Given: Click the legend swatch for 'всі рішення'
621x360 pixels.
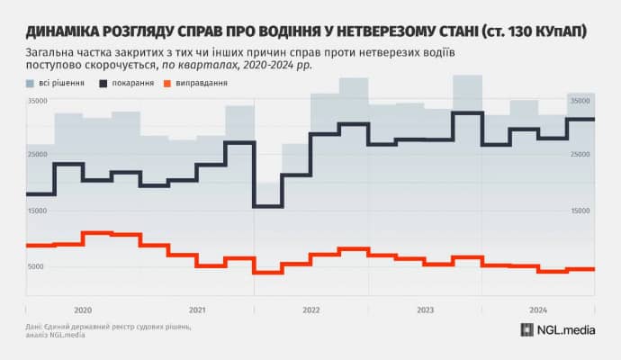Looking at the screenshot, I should coord(31,83).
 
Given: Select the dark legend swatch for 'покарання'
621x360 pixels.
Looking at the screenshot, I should coord(104,83).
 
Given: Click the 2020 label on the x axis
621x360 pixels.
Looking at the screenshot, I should coord(83,309).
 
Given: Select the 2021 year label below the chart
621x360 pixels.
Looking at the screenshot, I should coord(197,309).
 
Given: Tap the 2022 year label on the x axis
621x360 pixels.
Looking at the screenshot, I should coord(310,309).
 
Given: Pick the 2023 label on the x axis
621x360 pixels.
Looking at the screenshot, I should coord(424,309).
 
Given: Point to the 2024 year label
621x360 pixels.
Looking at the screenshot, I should coord(537,309).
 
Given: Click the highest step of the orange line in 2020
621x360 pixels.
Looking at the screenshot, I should coord(96,233).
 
